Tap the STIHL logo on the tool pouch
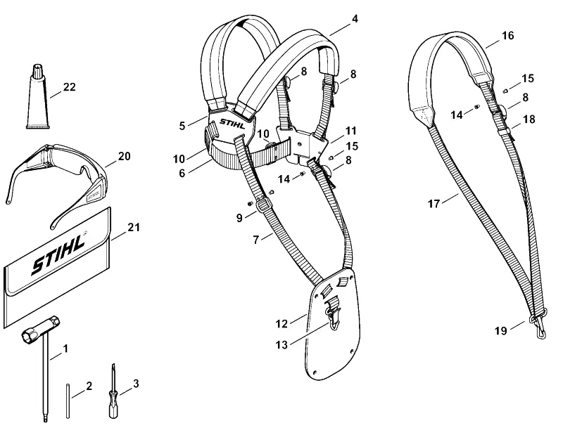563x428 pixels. (x=59, y=254)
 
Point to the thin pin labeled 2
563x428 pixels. (x=68, y=401)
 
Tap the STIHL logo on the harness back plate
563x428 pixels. (x=233, y=124)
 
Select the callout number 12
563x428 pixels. (x=282, y=324)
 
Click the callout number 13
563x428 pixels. (x=282, y=345)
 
